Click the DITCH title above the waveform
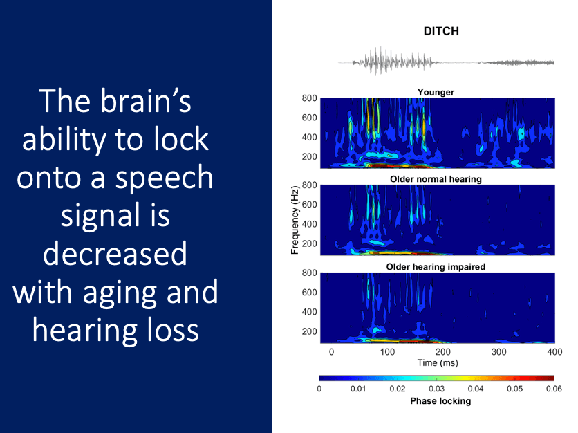tap(441, 31)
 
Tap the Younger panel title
tap(436, 92)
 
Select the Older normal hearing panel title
tap(436, 179)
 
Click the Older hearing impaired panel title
tap(436, 267)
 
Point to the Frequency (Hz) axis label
tap(295, 220)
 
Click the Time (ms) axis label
tap(438, 363)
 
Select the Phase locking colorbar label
tap(440, 401)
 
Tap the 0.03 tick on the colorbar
tap(436, 389)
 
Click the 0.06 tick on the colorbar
tap(554, 389)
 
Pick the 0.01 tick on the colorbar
tap(358, 389)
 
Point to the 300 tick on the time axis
tap(498, 352)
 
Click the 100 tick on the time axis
tap(387, 352)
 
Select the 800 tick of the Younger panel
tap(309, 98)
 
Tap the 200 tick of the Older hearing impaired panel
tap(309, 331)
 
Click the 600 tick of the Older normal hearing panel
tap(309, 205)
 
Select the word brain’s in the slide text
tap(146, 101)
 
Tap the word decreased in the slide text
tap(115, 254)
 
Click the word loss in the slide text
tap(173, 330)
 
